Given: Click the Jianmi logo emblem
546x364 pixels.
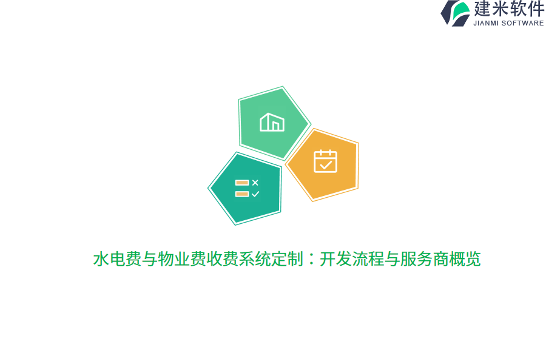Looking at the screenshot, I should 456,13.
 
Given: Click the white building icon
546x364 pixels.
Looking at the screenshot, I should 272,123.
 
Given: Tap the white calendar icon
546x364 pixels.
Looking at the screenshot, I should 325,161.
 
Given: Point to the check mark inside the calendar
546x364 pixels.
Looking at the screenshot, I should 326,164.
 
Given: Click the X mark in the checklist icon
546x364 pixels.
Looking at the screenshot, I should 255,183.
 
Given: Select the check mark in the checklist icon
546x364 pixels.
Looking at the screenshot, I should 255,194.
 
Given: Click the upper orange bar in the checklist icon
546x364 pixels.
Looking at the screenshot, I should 242,183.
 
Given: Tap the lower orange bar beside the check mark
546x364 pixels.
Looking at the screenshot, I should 242,194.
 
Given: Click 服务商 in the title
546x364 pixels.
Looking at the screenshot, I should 425,260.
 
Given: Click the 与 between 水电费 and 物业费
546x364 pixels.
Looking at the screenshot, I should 149,260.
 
